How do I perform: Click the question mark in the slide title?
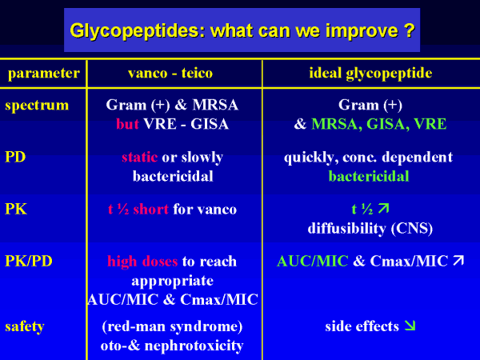coord(409,30)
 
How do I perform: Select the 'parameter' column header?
coord(44,74)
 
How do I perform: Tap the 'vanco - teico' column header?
coord(170,73)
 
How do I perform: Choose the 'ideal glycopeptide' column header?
coord(370,74)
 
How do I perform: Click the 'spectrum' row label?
coord(37,106)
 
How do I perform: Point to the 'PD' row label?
coord(15,157)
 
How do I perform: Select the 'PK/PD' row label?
coord(29,261)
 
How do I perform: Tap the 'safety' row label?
coord(25,326)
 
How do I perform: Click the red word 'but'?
coord(127,124)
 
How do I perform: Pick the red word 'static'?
coord(139,157)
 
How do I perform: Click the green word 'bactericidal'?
coord(369,176)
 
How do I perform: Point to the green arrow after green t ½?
coord(383,209)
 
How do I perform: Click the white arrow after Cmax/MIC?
coord(458,261)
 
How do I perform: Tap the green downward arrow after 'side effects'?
coord(410,326)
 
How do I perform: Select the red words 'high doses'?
coord(142,262)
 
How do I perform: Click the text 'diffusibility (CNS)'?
coord(370,228)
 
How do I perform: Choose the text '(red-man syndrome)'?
coord(172,326)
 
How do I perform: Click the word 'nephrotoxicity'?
coord(194,346)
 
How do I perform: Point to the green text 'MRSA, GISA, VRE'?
coord(378,124)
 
